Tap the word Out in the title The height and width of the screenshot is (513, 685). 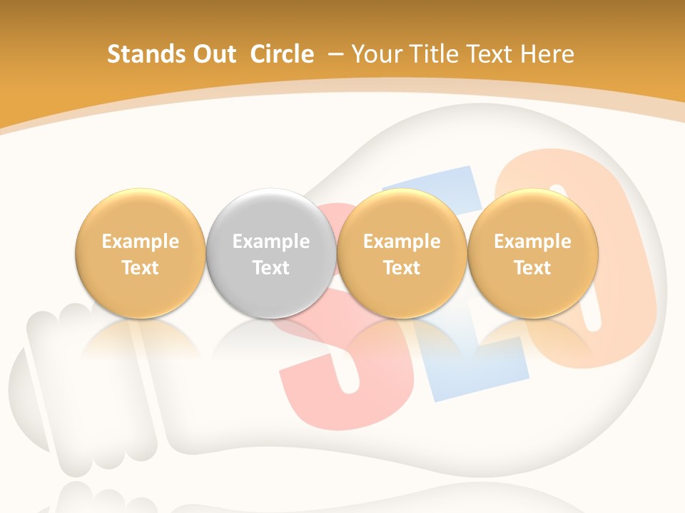click(x=212, y=54)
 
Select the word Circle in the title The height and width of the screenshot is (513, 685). click(x=282, y=54)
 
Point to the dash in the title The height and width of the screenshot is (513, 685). click(x=336, y=54)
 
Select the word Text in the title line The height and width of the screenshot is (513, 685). click(x=494, y=54)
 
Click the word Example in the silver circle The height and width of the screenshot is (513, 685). click(x=271, y=242)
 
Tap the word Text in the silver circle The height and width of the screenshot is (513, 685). click(x=271, y=268)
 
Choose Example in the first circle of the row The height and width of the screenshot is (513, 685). click(x=141, y=242)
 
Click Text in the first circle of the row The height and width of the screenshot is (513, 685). click(x=141, y=268)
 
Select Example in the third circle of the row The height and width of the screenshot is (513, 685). click(x=402, y=242)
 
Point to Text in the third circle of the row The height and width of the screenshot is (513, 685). click(x=402, y=268)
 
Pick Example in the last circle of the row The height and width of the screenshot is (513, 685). click(x=532, y=242)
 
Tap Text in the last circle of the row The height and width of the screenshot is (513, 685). click(x=532, y=268)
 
